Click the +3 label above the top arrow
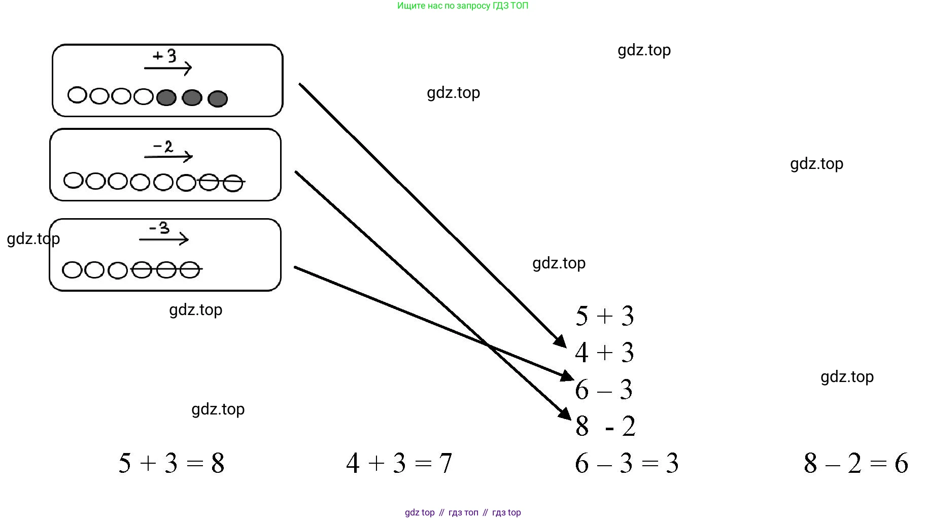[x=165, y=55]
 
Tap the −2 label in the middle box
[x=163, y=147]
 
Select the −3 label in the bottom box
[x=159, y=228]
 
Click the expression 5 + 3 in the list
[x=604, y=316]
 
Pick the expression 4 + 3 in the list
[x=604, y=353]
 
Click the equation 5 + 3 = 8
[x=171, y=463]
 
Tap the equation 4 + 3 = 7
[x=399, y=463]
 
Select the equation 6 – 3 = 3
[x=627, y=463]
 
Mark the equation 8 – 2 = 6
[x=856, y=463]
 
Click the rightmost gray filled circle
[x=218, y=99]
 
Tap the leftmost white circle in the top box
[x=77, y=95]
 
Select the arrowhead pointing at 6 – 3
[x=567, y=376]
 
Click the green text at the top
[x=463, y=6]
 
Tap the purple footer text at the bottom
[x=463, y=512]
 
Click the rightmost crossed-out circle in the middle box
[x=233, y=183]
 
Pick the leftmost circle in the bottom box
[x=72, y=270]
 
